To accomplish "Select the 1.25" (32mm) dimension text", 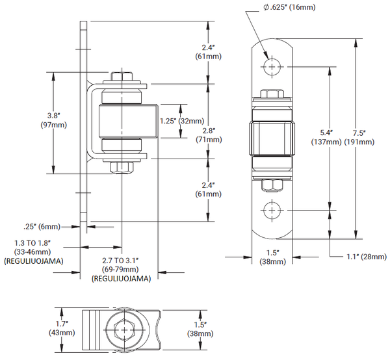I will pyautogui.click(x=183, y=120).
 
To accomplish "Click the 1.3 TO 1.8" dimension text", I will pyautogui.click(x=32, y=243).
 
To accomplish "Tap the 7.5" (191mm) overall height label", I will pyautogui.click(x=372, y=137).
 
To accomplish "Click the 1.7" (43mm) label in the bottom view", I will pyautogui.click(x=62, y=328).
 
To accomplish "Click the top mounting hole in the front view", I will pyautogui.click(x=272, y=66).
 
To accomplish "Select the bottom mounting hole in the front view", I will pyautogui.click(x=272, y=209).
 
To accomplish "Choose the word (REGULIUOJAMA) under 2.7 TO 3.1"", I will pyautogui.click(x=122, y=277).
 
